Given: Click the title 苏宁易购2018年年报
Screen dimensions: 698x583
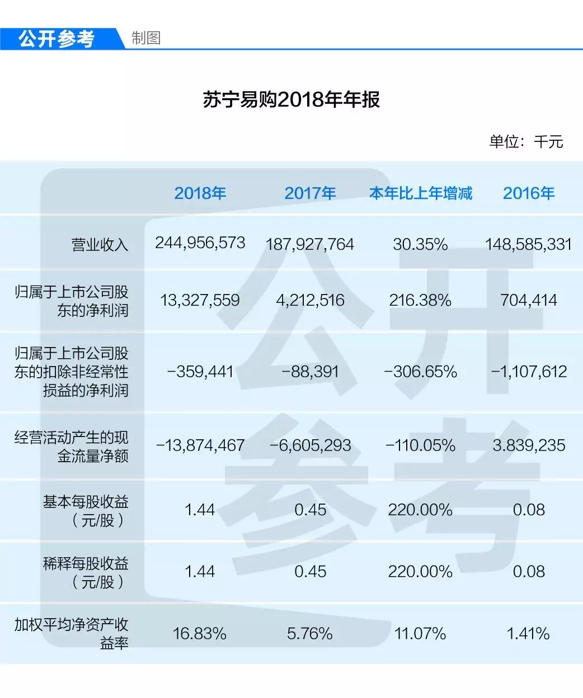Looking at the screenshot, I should [x=291, y=100].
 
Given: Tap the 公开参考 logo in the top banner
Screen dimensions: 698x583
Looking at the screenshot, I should [x=57, y=39].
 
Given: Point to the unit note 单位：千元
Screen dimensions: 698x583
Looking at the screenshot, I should [x=525, y=141].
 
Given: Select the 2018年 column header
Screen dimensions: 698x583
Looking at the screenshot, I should [x=200, y=193].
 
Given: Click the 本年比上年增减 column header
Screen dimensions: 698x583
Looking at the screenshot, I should [x=420, y=193].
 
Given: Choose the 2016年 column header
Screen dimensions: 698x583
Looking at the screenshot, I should [x=528, y=193].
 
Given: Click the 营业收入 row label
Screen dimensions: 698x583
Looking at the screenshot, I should [x=100, y=245].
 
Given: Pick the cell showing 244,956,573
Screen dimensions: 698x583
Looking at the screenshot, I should [x=200, y=243].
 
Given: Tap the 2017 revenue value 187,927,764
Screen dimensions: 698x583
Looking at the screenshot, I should [x=309, y=244].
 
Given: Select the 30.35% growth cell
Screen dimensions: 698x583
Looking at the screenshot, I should [x=420, y=244].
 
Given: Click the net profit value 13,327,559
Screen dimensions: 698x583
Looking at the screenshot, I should [x=200, y=300].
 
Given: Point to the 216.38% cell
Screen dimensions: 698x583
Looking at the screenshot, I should [x=420, y=300].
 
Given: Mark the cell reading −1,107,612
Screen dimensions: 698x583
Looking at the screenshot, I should [x=528, y=372].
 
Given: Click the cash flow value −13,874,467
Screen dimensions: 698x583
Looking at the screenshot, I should [x=200, y=445].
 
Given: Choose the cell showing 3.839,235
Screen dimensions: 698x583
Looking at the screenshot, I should [x=528, y=445].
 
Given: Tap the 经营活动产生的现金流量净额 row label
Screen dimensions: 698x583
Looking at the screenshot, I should [x=72, y=447].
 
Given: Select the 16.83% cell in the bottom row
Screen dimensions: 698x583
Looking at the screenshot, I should [x=200, y=633].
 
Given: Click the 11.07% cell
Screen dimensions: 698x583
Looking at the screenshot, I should [x=420, y=633].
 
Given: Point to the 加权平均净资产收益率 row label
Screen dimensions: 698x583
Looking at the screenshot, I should [x=72, y=634].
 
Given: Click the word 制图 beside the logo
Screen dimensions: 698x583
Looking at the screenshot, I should [x=146, y=38].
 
